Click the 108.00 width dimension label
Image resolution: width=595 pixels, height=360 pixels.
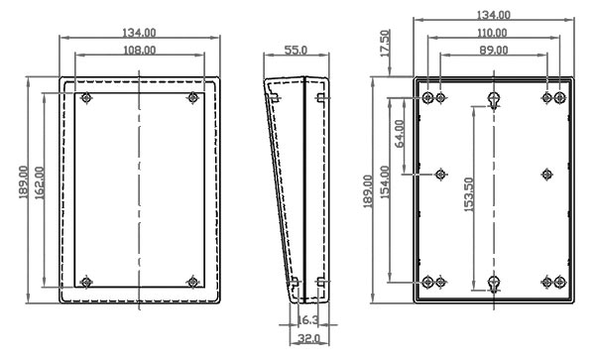138,49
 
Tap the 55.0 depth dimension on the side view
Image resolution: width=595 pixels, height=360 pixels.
296,49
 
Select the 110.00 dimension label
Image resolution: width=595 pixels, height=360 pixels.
493,33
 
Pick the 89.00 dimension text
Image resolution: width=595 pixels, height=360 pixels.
493,49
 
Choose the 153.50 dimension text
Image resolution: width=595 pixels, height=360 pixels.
468,189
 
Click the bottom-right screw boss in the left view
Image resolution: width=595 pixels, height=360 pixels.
192,282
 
